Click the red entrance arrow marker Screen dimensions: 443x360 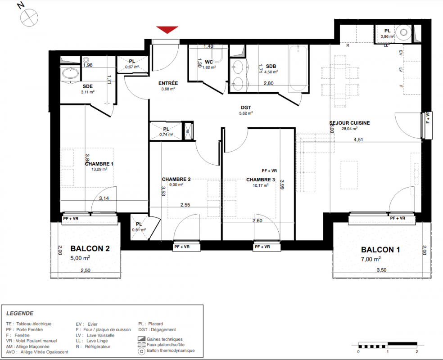pyautogui.click(x=167, y=30)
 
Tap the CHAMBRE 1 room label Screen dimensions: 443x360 pyautogui.click(x=99, y=164)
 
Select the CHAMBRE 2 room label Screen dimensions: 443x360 pyautogui.click(x=176, y=179)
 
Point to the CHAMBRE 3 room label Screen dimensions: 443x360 pyautogui.click(x=261, y=180)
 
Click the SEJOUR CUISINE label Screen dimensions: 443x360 pyautogui.click(x=349, y=123)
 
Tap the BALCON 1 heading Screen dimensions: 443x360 pyautogui.click(x=380, y=250)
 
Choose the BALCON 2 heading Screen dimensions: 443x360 pyautogui.click(x=90, y=248)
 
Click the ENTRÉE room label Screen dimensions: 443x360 pyautogui.click(x=168, y=83)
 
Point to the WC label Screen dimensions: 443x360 pyautogui.click(x=209, y=62)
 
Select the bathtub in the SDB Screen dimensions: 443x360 pyautogui.click(x=298, y=68)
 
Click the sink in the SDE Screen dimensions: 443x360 pyautogui.click(x=70, y=73)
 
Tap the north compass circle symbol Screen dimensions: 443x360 pyautogui.click(x=29, y=18)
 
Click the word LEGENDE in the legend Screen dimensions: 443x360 pyautogui.click(x=20, y=313)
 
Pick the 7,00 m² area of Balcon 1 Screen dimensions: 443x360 pyautogui.click(x=371, y=259)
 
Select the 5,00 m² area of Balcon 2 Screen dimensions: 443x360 pyautogui.click(x=80, y=258)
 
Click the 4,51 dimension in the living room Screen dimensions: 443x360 pyautogui.click(x=358, y=139)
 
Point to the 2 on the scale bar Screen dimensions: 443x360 pyautogui.click(x=417, y=352)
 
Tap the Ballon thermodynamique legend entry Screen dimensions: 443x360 pyautogui.click(x=167, y=351)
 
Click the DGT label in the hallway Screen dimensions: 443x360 pyautogui.click(x=246, y=108)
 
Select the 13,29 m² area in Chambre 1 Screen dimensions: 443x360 pyautogui.click(x=99, y=169)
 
